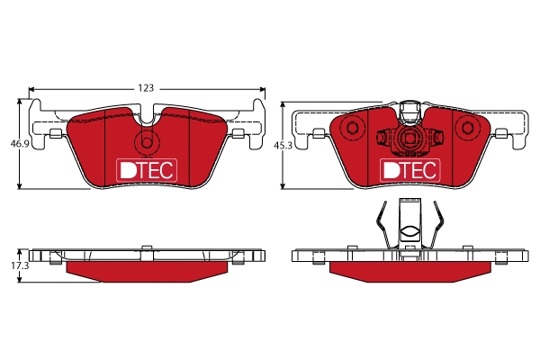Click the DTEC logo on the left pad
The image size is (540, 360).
[x=148, y=169]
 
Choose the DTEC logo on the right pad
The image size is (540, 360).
[x=409, y=169]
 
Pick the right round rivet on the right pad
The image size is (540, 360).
[x=466, y=128]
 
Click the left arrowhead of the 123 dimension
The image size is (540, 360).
[x=33, y=89]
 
